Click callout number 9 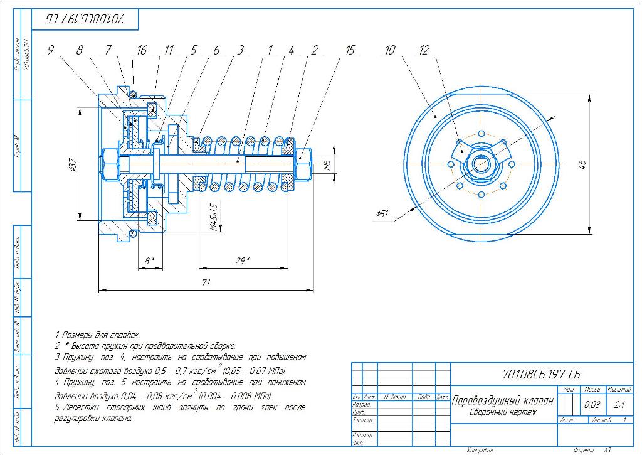coord(50,51)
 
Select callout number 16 coord(142,51)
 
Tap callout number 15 coord(350,51)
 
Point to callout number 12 coord(424,51)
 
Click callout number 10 coord(390,51)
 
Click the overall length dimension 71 coord(206,284)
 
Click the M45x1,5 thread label coord(214,217)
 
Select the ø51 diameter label coord(382,214)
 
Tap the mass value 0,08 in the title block coord(592,405)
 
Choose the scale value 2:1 coord(619,405)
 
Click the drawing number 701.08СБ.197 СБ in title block coord(542,375)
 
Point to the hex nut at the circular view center coord(481,164)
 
